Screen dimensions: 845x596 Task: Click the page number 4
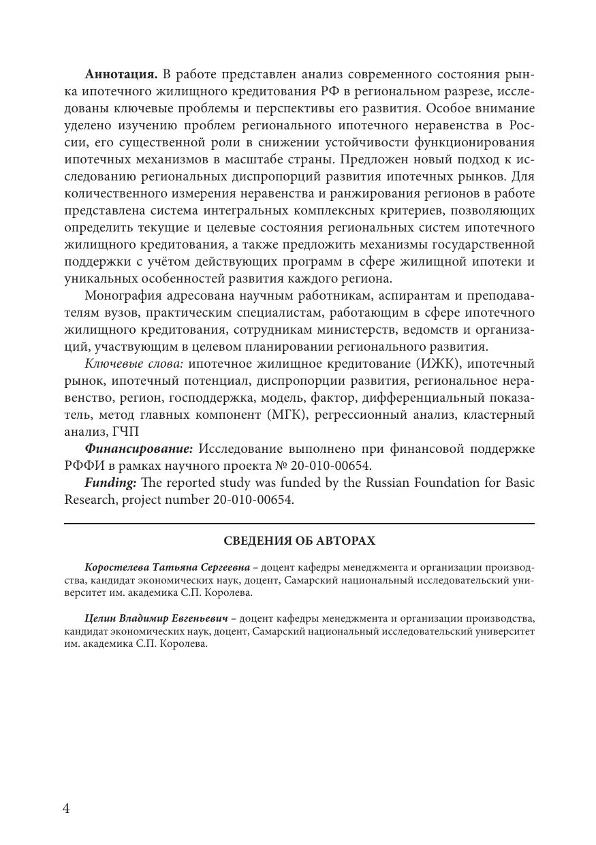[66, 808]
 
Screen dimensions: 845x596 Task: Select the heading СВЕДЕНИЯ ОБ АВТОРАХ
[299, 541]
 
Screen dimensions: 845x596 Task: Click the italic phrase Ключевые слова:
[134, 364]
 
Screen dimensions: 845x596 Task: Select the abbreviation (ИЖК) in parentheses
[433, 364]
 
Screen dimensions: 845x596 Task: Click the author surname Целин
[100, 619]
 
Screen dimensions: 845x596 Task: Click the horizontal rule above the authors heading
[299, 524]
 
